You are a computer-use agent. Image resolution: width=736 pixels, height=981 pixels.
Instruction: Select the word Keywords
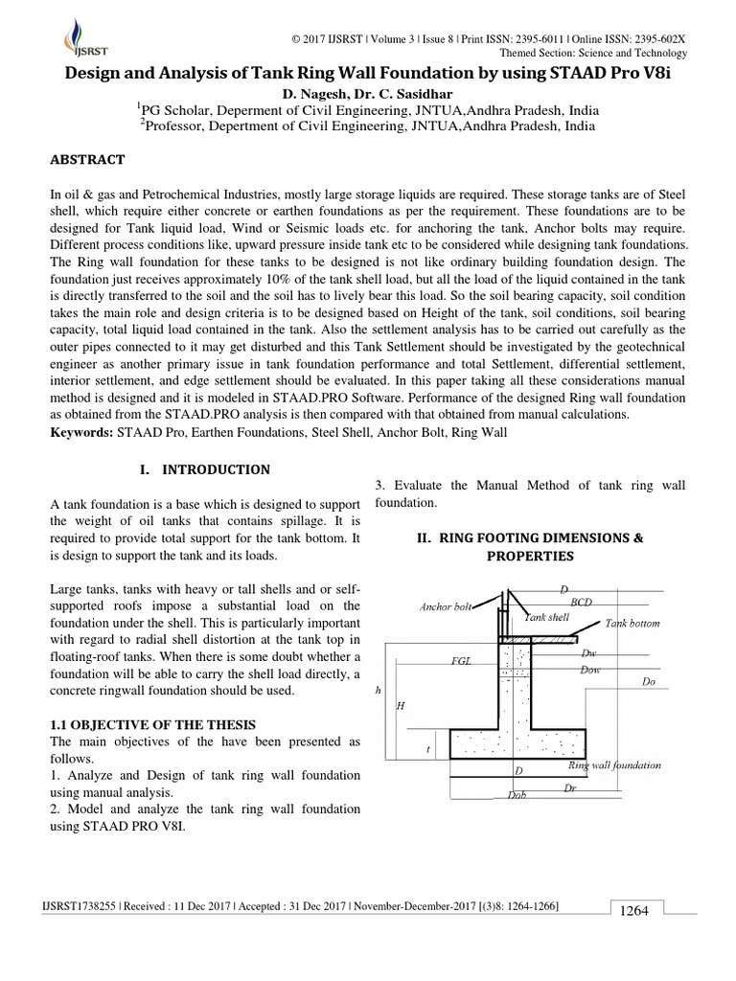pos(81,433)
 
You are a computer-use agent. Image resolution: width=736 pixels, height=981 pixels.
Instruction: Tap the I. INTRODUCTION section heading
pos(205,469)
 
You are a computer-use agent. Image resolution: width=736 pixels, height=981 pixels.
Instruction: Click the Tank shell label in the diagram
pos(545,618)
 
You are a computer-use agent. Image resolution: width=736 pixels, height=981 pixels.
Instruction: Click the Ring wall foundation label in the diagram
pos(613,765)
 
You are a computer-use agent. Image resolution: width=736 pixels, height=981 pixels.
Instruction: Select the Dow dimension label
pos(590,670)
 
